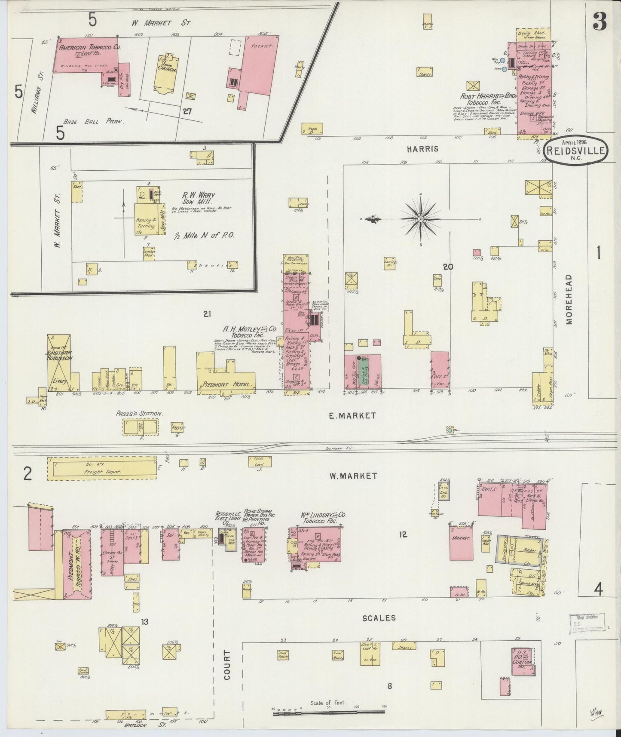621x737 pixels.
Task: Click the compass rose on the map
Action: pyautogui.click(x=420, y=219)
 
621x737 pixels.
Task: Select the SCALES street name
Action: pyautogui.click(x=379, y=617)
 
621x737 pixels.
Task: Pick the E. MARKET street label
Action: pyautogui.click(x=352, y=415)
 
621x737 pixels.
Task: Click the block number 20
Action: pyautogui.click(x=448, y=267)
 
